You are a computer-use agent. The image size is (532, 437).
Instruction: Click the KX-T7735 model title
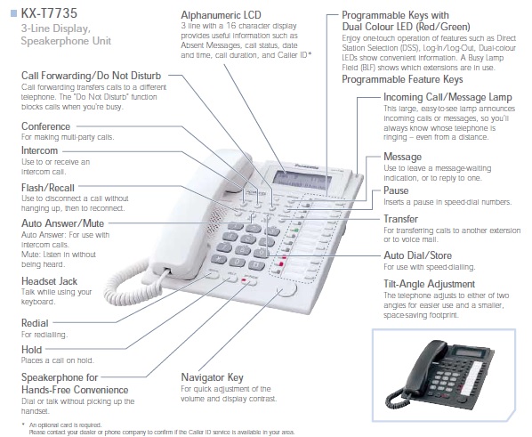[49, 13]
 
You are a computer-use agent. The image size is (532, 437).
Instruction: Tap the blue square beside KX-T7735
[13, 13]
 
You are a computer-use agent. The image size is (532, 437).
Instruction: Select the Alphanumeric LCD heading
[221, 15]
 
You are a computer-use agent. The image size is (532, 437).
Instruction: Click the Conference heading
[45, 126]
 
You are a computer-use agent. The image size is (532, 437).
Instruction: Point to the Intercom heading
[40, 150]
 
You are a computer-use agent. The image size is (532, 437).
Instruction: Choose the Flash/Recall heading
[48, 188]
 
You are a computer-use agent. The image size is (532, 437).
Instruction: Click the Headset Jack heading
[49, 281]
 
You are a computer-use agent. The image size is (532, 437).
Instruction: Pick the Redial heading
[35, 323]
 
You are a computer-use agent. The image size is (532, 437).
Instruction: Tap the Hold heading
[31, 350]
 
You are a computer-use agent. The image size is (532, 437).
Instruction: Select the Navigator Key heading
[212, 377]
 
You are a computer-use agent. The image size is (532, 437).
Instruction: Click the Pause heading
[396, 190]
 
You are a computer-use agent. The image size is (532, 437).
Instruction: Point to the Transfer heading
[400, 219]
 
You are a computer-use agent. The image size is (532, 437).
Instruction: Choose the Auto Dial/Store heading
[417, 255]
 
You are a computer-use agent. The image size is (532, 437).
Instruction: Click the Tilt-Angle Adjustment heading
[429, 284]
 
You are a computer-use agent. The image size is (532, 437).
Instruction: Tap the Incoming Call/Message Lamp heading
[447, 97]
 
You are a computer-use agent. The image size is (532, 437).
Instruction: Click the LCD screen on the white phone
[302, 181]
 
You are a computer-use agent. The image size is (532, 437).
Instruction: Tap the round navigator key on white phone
[286, 289]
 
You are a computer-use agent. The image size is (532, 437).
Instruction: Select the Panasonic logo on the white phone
[307, 166]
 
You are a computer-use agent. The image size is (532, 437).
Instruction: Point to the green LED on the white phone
[295, 231]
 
